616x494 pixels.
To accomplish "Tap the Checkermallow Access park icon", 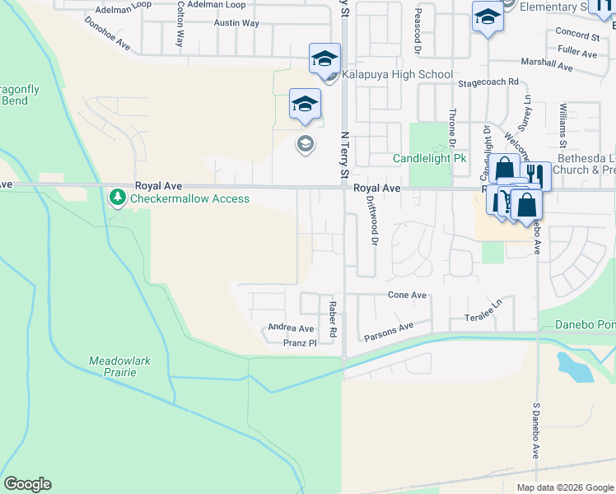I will [x=118, y=198].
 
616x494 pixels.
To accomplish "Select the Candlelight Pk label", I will [x=429, y=158].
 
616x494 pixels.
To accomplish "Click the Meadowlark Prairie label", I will [x=124, y=366].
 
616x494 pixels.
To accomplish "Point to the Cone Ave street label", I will [x=407, y=295].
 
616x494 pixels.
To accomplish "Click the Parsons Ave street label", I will [x=389, y=333].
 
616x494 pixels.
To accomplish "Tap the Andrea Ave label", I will [x=292, y=328].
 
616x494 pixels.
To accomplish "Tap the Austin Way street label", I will [x=236, y=23].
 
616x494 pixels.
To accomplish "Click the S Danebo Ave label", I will [x=534, y=432].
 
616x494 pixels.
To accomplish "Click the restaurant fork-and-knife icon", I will [x=535, y=175].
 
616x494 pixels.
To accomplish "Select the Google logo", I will [x=27, y=484].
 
